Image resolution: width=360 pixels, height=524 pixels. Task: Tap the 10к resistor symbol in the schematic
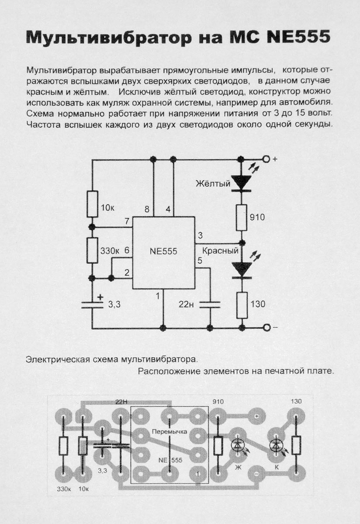click(x=92, y=204)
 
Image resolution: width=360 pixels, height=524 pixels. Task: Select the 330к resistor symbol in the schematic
click(x=92, y=250)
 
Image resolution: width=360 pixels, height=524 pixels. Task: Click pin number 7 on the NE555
click(x=126, y=221)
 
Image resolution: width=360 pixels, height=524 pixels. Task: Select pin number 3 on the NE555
click(x=200, y=235)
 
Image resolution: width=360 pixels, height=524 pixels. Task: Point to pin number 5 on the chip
click(x=200, y=261)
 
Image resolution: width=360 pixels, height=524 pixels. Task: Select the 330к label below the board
click(x=64, y=488)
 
